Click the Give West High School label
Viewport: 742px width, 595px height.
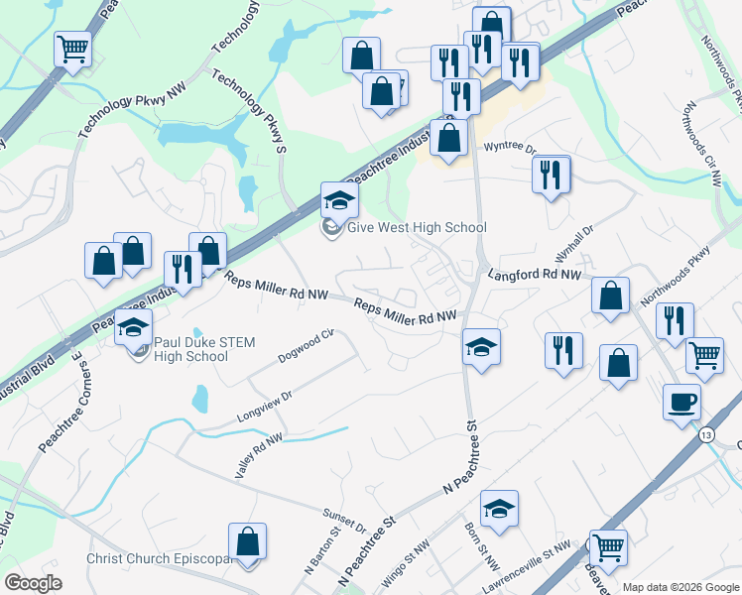(416, 227)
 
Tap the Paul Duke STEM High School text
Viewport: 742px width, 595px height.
(204, 349)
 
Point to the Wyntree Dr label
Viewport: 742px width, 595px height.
(510, 148)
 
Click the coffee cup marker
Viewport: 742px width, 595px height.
(681, 402)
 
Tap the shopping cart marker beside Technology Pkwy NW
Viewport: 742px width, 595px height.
(73, 47)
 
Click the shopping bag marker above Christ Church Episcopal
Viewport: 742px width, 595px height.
(247, 541)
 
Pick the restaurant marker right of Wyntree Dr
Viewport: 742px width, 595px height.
(551, 175)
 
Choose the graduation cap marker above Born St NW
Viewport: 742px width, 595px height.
(499, 509)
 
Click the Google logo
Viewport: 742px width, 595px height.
(34, 583)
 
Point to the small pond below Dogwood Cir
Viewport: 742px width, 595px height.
(200, 399)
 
